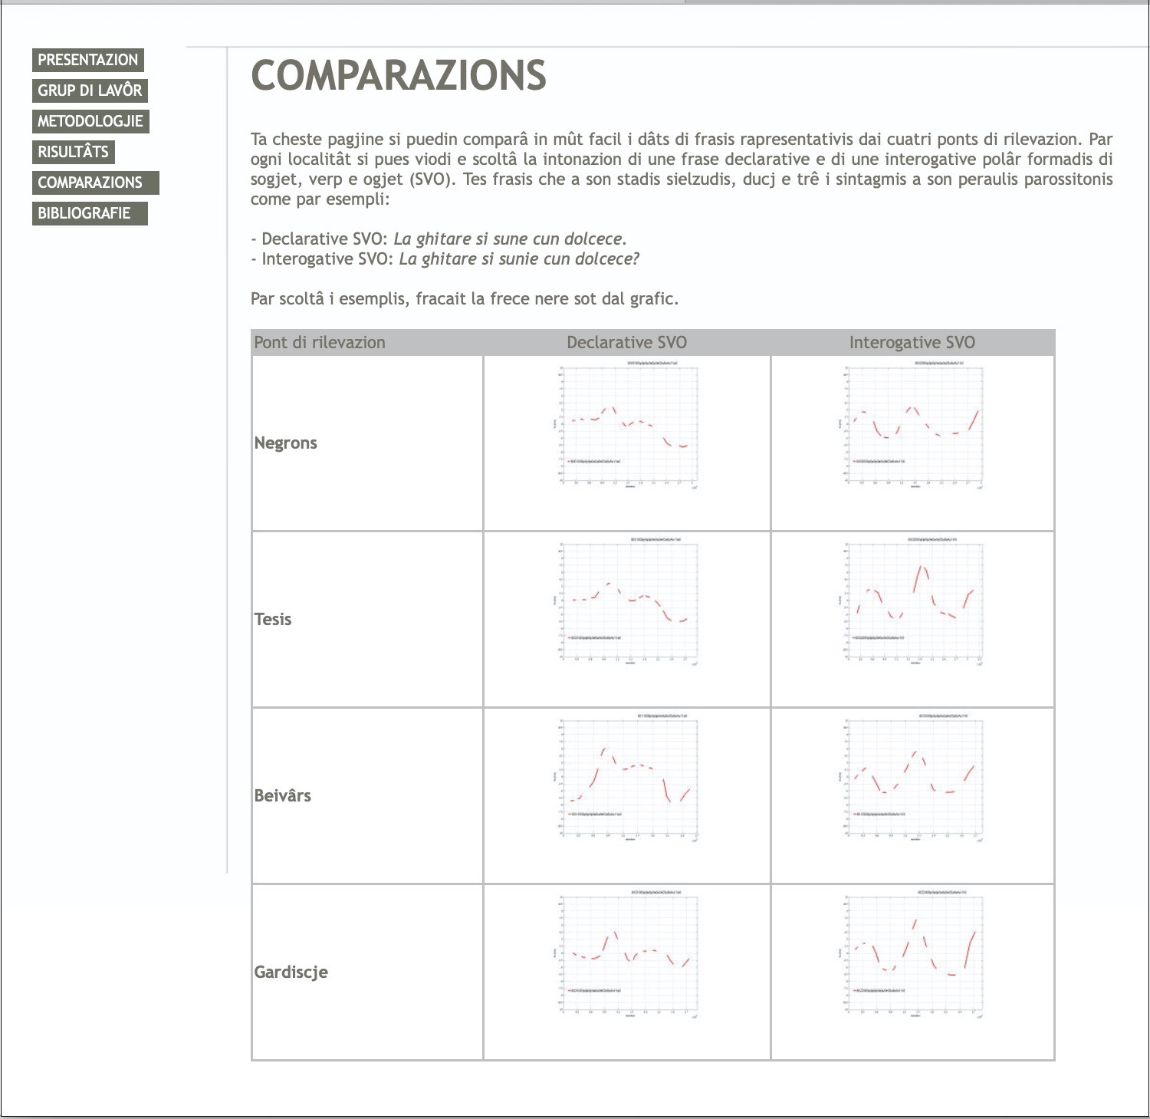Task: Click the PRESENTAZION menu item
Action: click(x=88, y=60)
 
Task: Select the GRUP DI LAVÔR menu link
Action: click(x=90, y=91)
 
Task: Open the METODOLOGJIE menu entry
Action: click(x=90, y=121)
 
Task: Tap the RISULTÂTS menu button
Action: click(x=74, y=152)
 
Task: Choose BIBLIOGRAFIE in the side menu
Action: click(x=84, y=213)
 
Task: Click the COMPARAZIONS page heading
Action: click(x=399, y=75)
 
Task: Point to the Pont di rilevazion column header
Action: click(x=320, y=342)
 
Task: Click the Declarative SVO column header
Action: click(x=626, y=342)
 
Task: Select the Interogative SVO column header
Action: click(x=912, y=342)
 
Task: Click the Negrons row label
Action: click(x=285, y=443)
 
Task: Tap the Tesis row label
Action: click(x=273, y=619)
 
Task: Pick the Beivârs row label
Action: click(x=282, y=795)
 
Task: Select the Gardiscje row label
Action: click(x=291, y=972)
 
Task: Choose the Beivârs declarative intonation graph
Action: click(x=627, y=777)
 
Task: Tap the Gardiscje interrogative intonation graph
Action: click(x=912, y=953)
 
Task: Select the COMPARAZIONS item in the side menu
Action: click(x=90, y=183)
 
